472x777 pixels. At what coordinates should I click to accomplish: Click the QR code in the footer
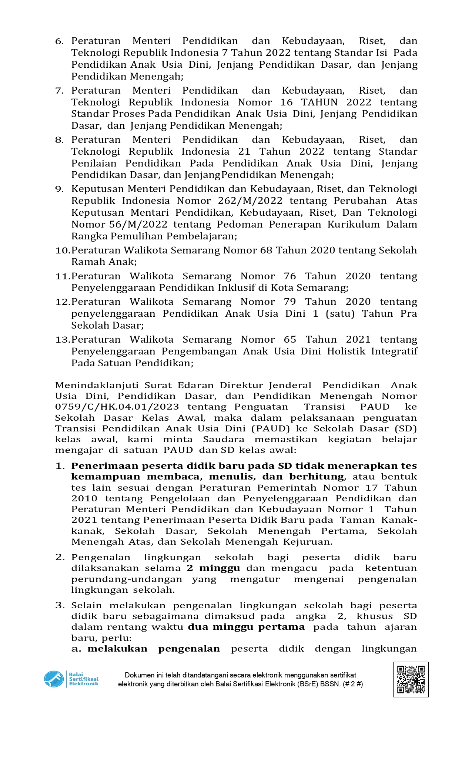click(411, 679)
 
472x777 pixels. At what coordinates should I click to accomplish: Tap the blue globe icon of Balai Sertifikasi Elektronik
click(54, 679)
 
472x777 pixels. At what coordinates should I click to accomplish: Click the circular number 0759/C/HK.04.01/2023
click(117, 407)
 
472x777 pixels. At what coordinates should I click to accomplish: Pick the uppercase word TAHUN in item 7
click(319, 102)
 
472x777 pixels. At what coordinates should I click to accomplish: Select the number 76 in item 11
click(290, 276)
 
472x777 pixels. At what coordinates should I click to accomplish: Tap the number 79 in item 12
click(290, 302)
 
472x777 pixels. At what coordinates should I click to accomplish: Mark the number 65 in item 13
click(290, 340)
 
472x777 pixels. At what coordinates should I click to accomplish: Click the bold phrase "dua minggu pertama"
click(246, 627)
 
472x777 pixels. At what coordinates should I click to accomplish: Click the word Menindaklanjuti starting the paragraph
click(97, 385)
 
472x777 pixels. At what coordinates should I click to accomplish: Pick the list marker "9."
click(60, 189)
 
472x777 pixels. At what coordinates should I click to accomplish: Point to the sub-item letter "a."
click(76, 649)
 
